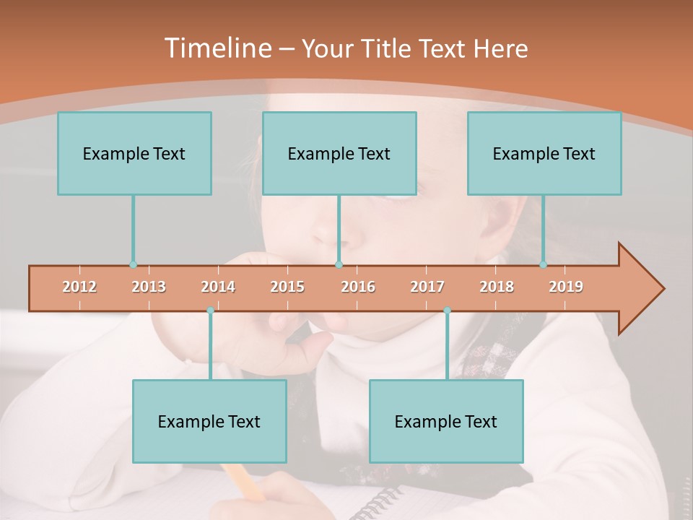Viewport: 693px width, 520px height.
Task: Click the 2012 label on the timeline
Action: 79,287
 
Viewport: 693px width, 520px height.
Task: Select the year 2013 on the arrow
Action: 149,287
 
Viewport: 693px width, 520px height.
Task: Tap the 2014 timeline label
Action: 218,287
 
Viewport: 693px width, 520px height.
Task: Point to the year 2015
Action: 287,287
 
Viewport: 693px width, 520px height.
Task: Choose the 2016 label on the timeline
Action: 358,287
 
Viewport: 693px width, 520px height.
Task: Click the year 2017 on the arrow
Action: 427,287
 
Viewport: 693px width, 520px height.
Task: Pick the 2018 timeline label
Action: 497,287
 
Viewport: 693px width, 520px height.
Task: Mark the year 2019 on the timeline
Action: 566,287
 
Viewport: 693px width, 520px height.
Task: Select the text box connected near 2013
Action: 134,153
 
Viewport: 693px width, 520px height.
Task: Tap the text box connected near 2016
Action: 339,153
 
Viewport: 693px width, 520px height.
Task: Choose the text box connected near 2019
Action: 544,153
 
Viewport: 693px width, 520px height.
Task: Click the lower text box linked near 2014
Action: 209,421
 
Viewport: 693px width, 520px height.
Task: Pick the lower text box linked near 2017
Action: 446,421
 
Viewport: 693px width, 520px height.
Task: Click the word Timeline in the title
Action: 217,48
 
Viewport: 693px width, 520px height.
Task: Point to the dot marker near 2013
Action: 133,265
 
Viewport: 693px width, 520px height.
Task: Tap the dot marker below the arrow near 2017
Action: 447,311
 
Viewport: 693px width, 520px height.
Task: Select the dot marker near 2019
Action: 544,265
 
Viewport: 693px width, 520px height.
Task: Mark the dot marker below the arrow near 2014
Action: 210,311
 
